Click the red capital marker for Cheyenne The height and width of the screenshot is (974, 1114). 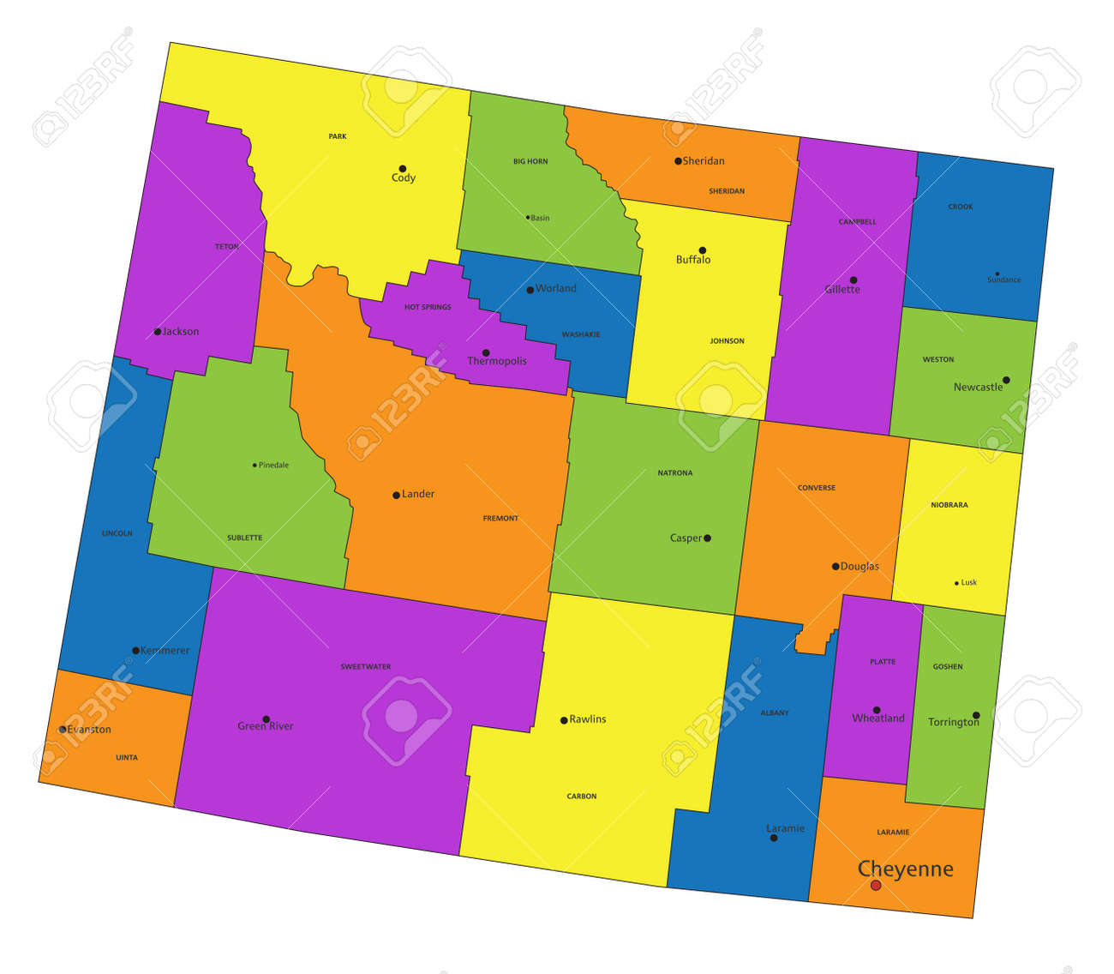coord(876,885)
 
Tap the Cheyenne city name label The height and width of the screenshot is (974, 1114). coord(905,869)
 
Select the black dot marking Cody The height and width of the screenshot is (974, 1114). coord(402,168)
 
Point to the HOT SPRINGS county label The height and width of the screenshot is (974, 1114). coord(428,307)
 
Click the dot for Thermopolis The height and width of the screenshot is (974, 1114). coord(486,352)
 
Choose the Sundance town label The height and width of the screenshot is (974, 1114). coord(1003,280)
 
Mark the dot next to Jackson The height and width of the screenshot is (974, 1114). coord(158,332)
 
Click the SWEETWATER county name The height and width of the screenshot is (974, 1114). coord(366,666)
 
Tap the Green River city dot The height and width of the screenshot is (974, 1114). coord(266,719)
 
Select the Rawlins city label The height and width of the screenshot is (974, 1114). coord(588,719)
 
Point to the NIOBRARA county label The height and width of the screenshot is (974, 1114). coord(949,505)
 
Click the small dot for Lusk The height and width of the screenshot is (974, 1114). coord(956,583)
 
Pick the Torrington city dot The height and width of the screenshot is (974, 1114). coord(976,715)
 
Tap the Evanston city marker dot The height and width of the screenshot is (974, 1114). coord(63,730)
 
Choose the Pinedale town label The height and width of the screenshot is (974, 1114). coord(273,466)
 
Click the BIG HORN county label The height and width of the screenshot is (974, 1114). coord(530,161)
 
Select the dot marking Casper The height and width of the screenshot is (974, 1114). coord(707,538)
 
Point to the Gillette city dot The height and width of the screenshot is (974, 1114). coord(853,280)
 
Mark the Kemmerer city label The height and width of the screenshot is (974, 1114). coord(165,651)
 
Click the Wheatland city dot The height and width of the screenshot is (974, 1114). coord(877,710)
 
